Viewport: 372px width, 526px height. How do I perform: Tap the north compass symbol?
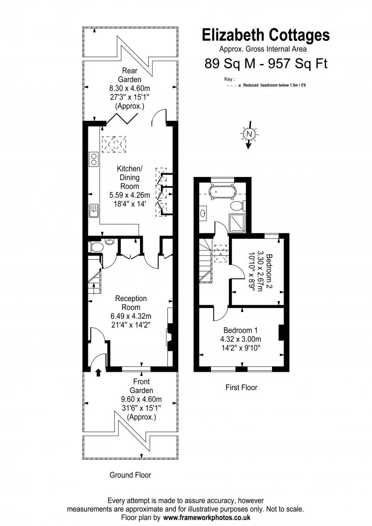tap(249, 134)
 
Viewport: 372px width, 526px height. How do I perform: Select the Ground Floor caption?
tap(130, 475)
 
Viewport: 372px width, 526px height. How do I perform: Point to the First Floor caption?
tap(241, 388)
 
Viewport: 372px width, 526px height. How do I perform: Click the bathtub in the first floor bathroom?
tap(223, 192)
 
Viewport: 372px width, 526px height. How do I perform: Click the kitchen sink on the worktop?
tap(93, 211)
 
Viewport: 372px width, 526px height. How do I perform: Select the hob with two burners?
tap(93, 159)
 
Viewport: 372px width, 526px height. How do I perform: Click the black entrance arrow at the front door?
tap(99, 372)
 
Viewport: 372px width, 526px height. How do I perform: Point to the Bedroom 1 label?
tap(241, 330)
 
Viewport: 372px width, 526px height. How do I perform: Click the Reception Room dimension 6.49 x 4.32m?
tap(131, 316)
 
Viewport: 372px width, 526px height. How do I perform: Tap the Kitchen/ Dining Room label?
tap(130, 177)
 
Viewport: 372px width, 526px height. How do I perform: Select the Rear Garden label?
tap(130, 75)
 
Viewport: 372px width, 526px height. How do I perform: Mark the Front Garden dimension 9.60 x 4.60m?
tap(141, 400)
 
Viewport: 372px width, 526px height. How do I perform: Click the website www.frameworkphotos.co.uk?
tap(206, 518)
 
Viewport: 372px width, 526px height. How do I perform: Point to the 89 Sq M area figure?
tap(230, 63)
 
